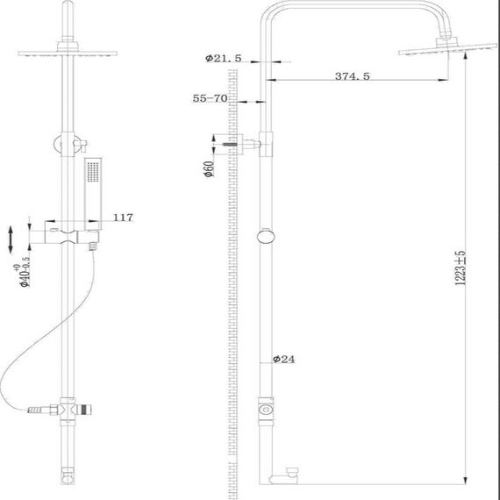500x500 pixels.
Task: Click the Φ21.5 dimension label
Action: [224, 59]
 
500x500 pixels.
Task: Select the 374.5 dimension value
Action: [353, 76]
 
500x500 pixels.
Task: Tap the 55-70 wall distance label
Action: [210, 98]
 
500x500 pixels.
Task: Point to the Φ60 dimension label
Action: [209, 169]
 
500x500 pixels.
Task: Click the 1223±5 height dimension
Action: [461, 268]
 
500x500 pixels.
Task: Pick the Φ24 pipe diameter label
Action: [284, 360]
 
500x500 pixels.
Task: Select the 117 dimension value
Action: [123, 218]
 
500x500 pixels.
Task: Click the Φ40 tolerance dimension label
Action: [23, 272]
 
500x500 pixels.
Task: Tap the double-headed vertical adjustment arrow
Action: [11, 239]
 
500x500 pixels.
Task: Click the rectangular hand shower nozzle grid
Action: [93, 172]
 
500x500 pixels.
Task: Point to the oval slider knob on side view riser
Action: [266, 237]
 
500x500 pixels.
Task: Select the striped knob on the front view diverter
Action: [85, 410]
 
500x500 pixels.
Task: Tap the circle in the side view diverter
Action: [266, 410]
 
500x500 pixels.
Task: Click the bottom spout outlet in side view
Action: [284, 476]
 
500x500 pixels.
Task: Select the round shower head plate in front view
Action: [68, 54]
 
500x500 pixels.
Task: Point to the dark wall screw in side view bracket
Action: [230, 145]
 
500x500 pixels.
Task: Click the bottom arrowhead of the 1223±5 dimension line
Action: [466, 481]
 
